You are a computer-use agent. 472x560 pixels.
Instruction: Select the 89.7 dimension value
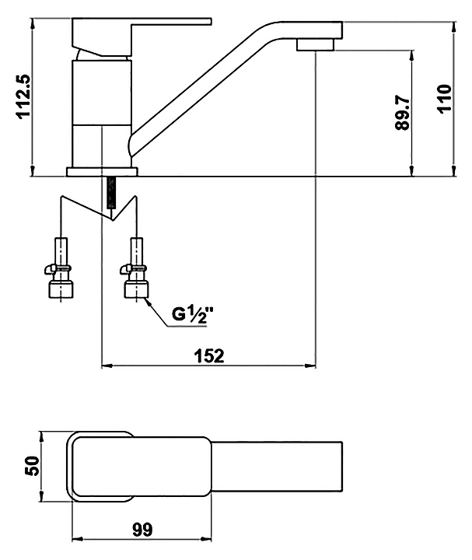[x=403, y=114]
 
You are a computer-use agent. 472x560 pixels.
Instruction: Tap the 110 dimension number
[x=445, y=99]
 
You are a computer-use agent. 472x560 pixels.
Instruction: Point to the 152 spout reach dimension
[x=209, y=355]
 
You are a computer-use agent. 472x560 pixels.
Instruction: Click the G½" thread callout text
[x=192, y=315]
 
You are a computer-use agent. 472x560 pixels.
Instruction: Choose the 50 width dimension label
[x=32, y=465]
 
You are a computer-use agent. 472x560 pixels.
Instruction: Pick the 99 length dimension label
[x=142, y=530]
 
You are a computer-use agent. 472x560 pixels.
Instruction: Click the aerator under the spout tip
[x=315, y=45]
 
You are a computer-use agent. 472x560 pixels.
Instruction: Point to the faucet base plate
[x=102, y=172]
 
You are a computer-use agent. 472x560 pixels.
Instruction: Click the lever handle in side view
[x=142, y=37]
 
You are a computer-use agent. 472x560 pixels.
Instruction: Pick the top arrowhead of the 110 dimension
[x=454, y=27]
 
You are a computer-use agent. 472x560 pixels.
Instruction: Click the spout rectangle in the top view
[x=277, y=467]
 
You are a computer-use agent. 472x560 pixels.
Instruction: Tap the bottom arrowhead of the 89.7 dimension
[x=412, y=170]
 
